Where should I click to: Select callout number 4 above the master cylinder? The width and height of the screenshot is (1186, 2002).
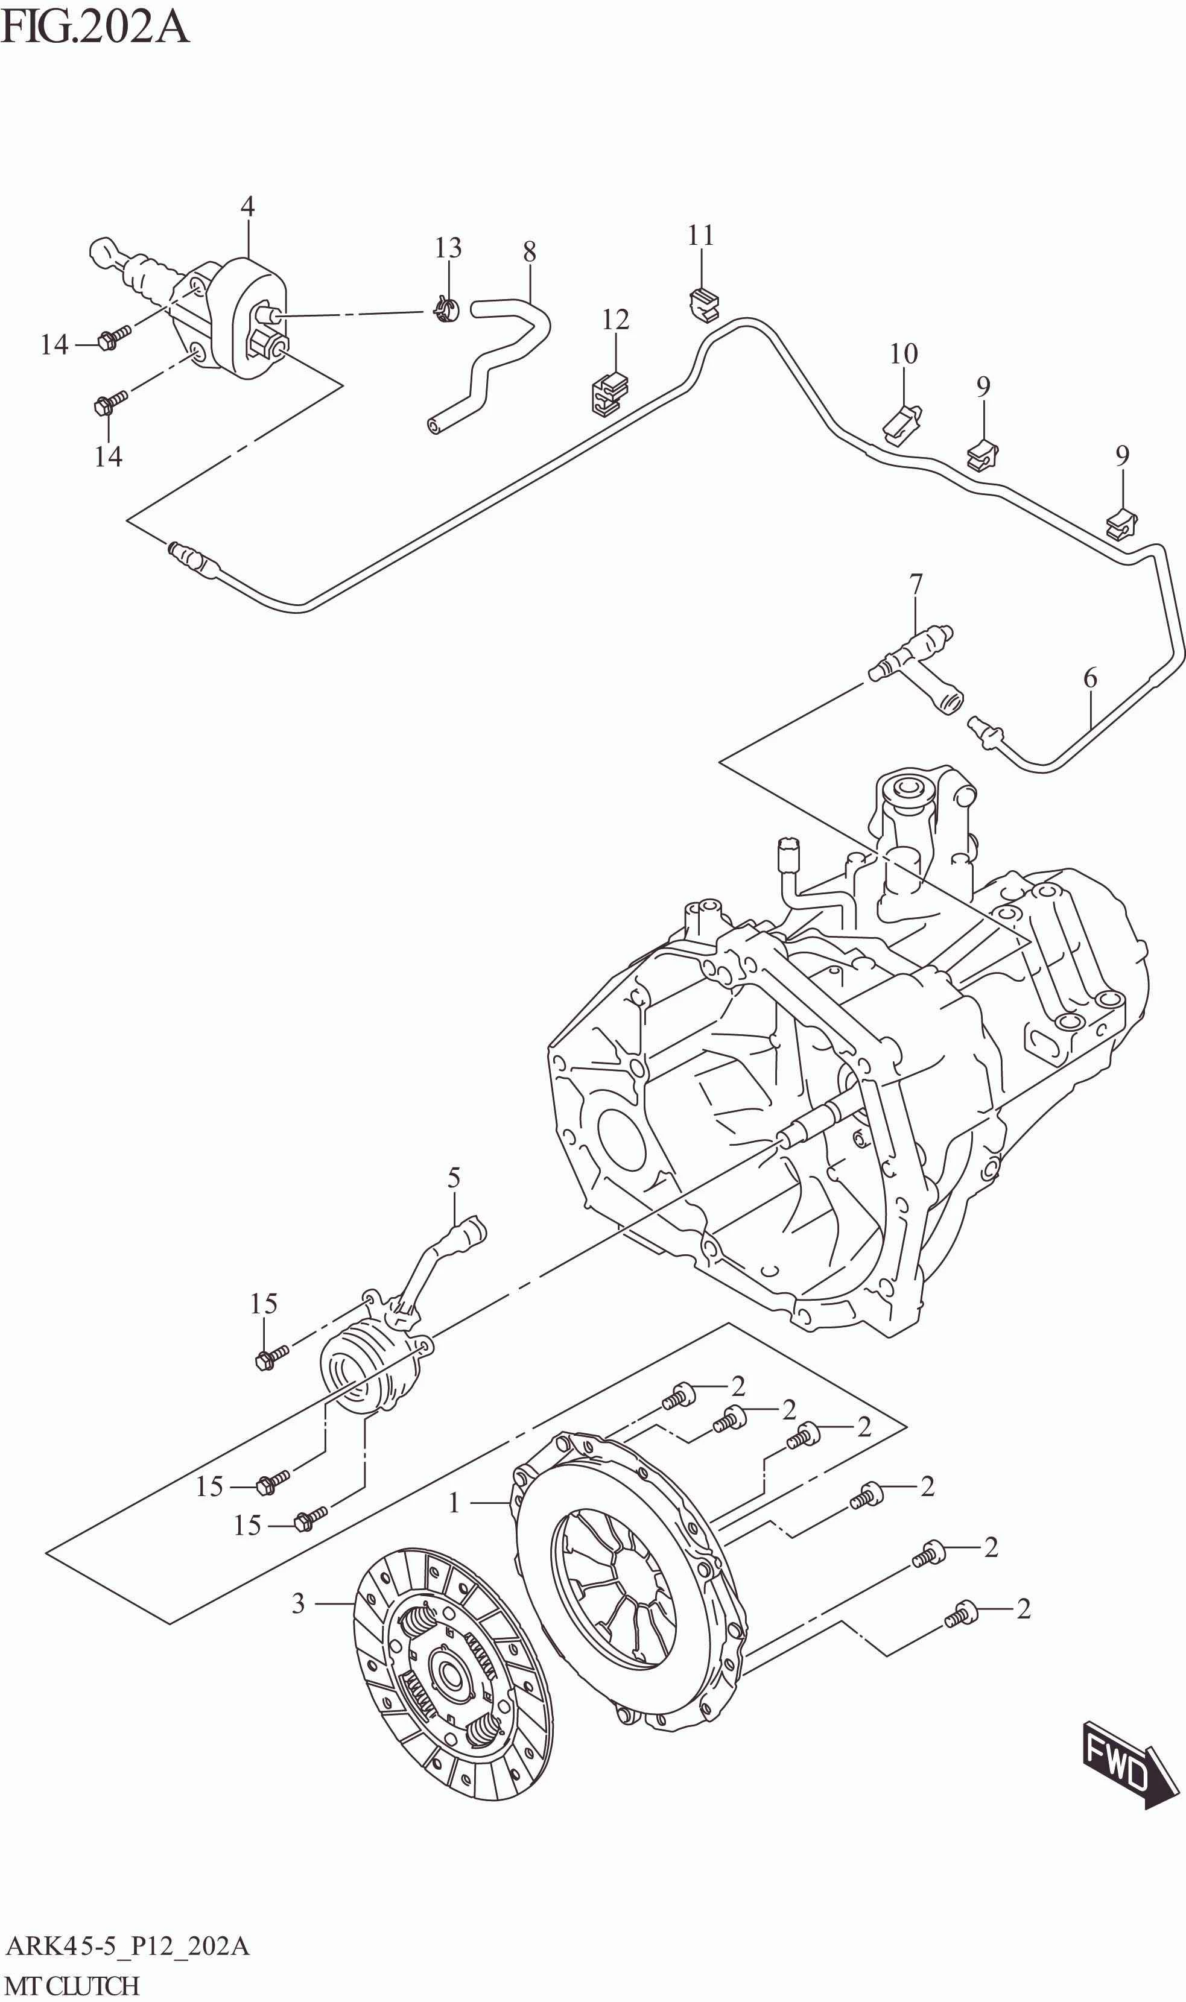[x=248, y=207]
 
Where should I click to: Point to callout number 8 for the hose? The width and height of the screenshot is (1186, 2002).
[x=529, y=253]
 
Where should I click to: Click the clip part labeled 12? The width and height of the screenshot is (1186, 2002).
[x=611, y=391]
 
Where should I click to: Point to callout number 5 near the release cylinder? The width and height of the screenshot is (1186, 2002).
[x=454, y=1178]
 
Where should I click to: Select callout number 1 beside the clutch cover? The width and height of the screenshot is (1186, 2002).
[x=454, y=1503]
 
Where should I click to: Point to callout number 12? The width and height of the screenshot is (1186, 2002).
[x=615, y=320]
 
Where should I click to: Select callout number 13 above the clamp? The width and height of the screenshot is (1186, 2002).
[x=448, y=248]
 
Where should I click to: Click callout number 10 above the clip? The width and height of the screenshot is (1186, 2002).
[x=904, y=354]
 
